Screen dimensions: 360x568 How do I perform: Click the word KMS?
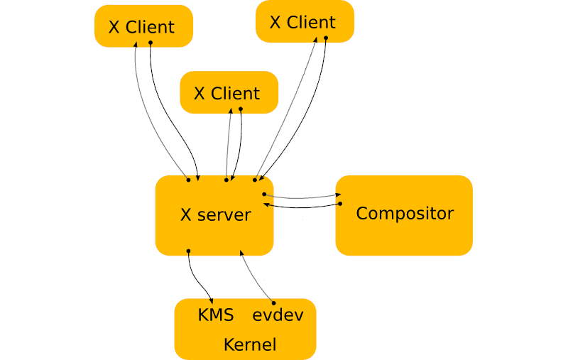[216, 315]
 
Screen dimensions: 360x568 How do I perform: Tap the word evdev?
[278, 315]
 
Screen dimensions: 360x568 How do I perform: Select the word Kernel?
[249, 345]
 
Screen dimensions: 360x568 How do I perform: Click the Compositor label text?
[404, 214]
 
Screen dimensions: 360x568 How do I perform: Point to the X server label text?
[215, 215]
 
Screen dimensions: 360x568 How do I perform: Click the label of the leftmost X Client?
[141, 28]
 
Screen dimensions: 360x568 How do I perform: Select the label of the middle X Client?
[226, 94]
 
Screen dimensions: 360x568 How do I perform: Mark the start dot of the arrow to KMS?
[188, 251]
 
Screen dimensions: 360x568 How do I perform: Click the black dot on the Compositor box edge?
[339, 204]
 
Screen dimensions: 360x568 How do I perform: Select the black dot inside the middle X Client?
[241, 109]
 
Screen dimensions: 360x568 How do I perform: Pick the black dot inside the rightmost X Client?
[326, 38]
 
